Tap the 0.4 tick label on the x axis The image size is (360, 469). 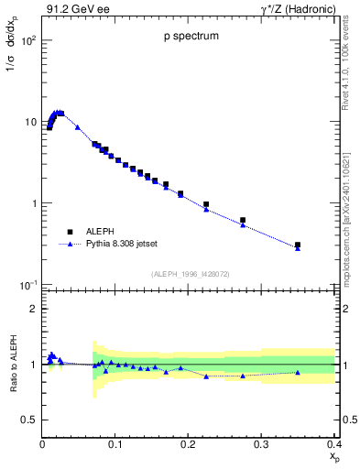(x=333, y=443)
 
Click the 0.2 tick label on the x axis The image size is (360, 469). (x=188, y=443)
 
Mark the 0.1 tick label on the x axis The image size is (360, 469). (x=115, y=443)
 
